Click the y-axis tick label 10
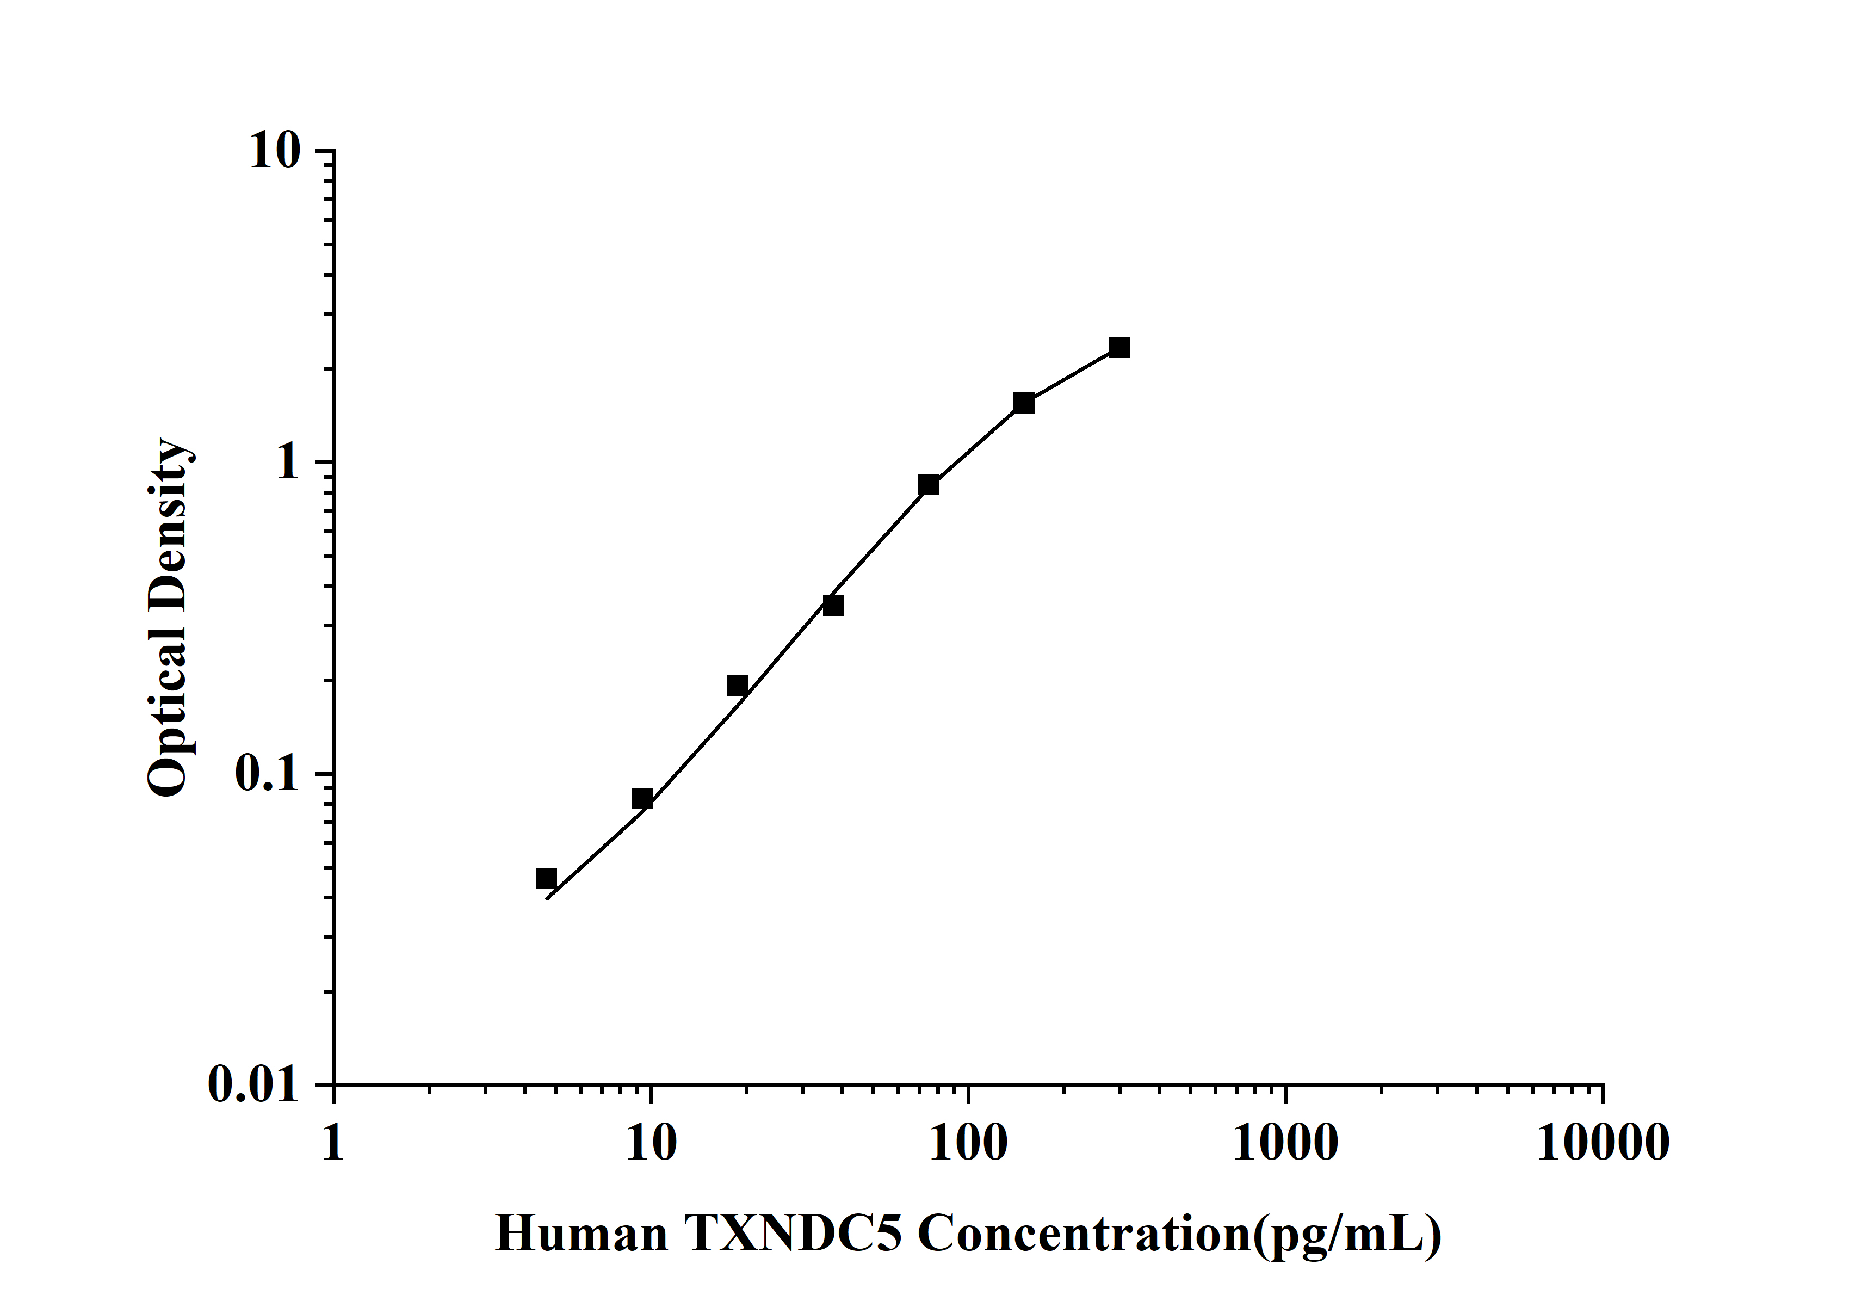tap(274, 152)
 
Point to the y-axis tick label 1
tap(288, 463)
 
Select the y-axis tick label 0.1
tap(267, 775)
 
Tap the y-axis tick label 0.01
tap(253, 1085)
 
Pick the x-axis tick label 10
tap(651, 1144)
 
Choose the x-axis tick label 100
tap(968, 1144)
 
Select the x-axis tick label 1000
tap(1285, 1144)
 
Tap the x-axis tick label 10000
tap(1603, 1144)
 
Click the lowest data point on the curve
tap(547, 878)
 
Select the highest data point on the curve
tap(1119, 348)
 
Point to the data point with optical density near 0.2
tap(737, 686)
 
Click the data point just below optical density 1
tap(929, 485)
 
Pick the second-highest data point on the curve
tap(1023, 403)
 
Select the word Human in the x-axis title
tap(580, 1235)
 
